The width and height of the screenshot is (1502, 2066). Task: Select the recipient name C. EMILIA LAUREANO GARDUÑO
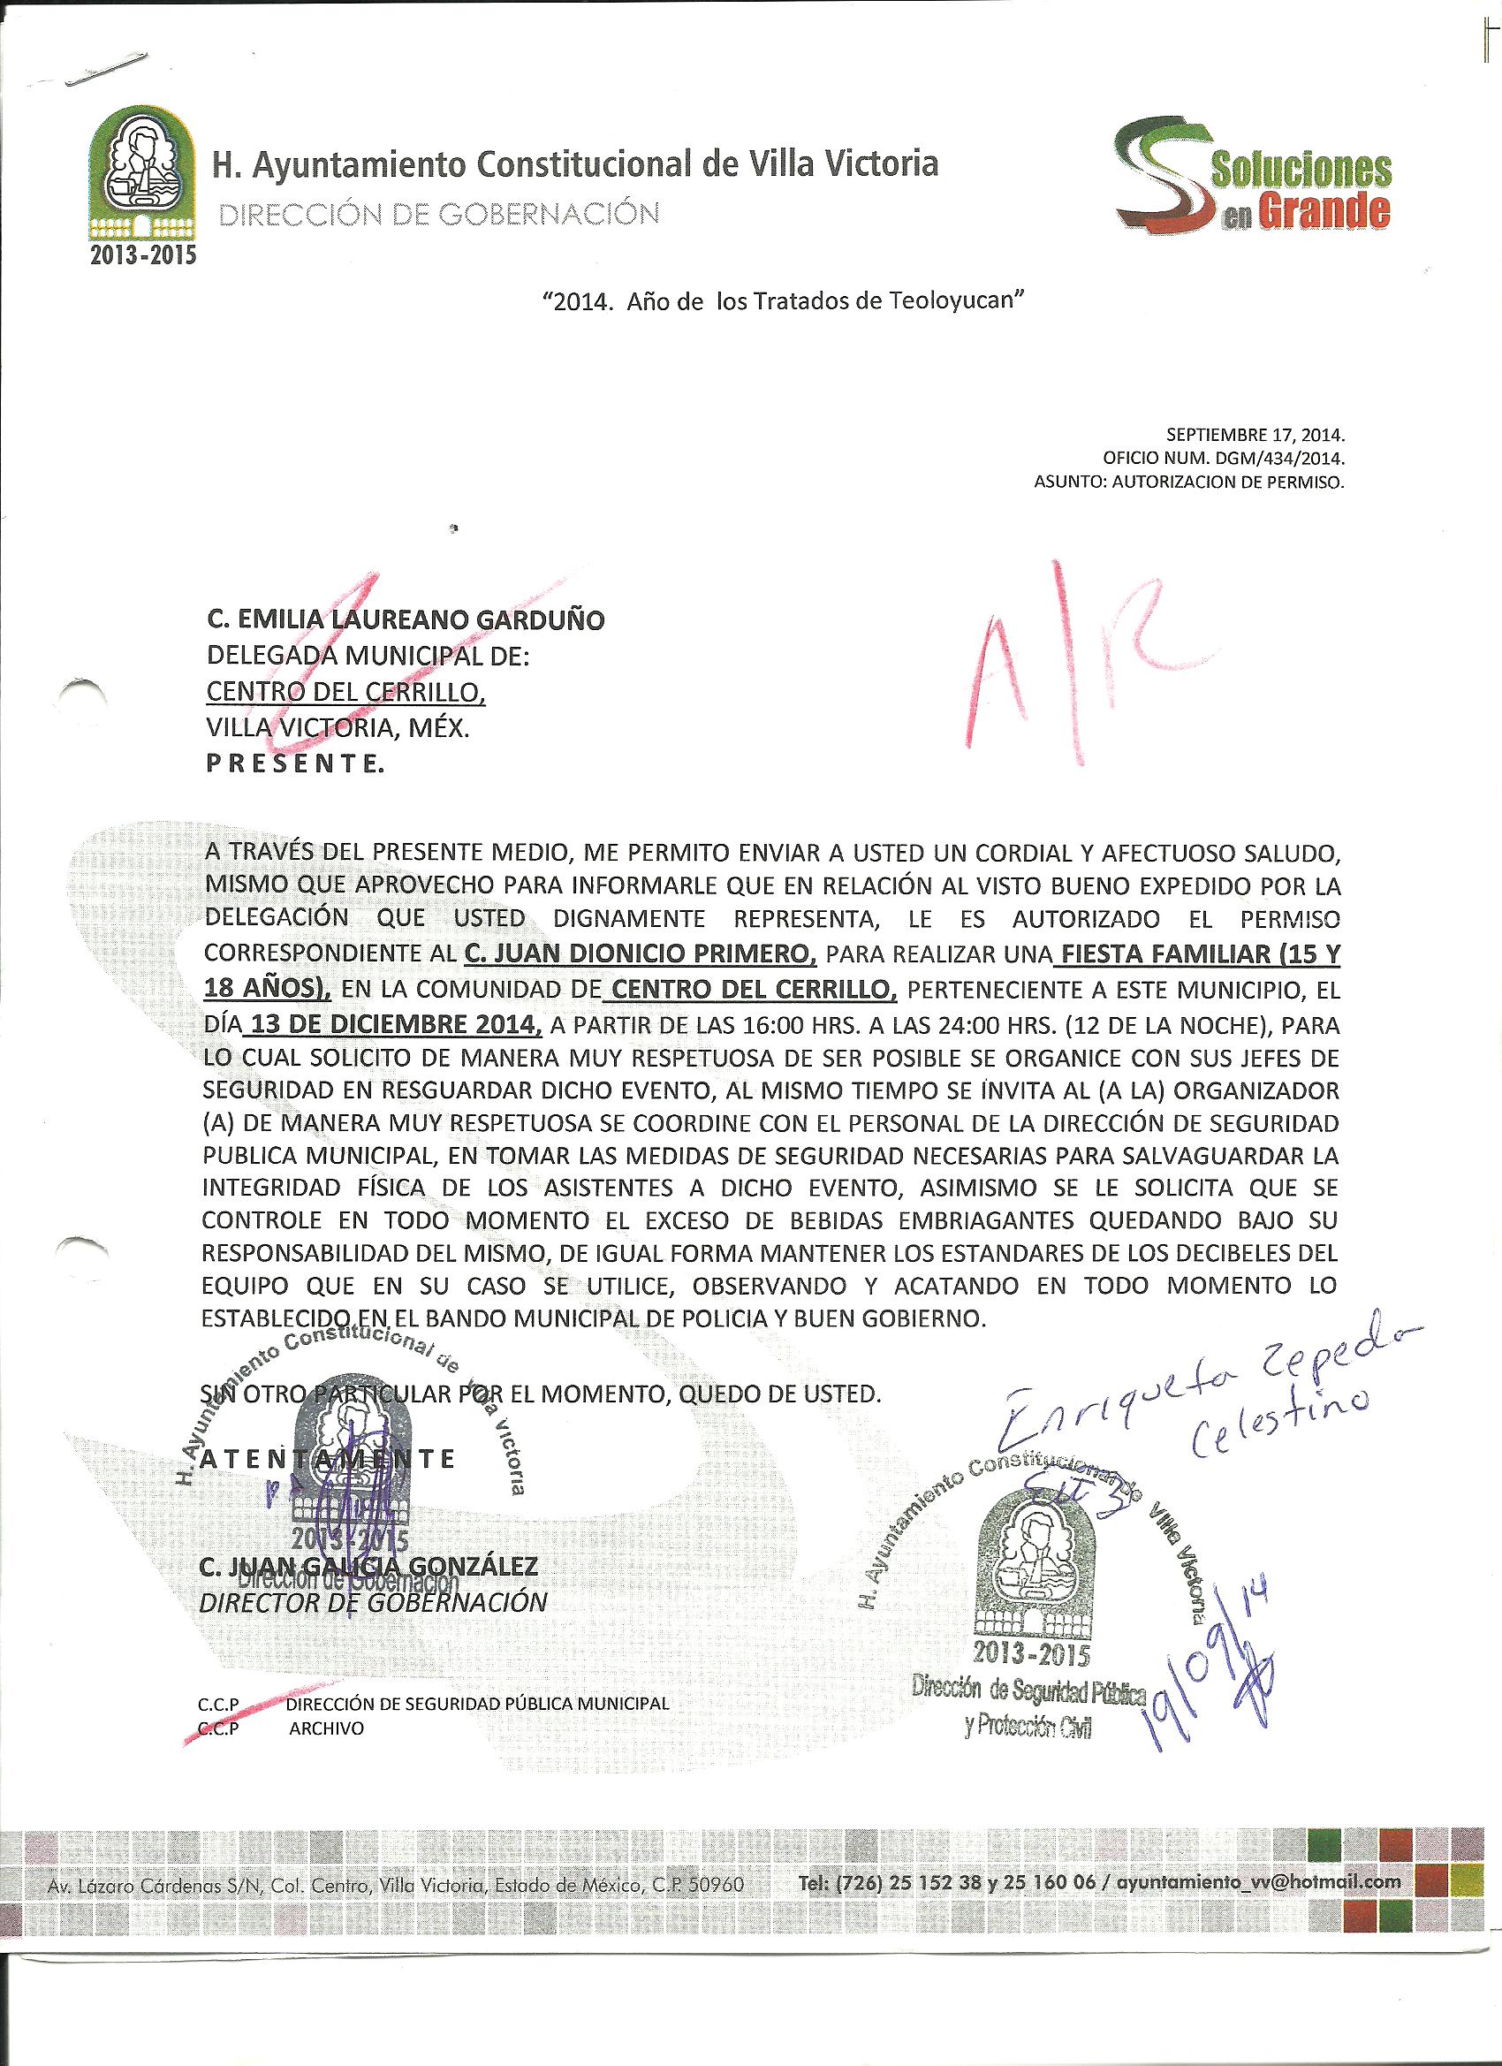406,620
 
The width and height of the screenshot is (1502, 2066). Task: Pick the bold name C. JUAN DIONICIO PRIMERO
640,953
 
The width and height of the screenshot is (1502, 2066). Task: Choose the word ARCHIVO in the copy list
326,1728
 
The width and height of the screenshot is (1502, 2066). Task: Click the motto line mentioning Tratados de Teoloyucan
778,301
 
